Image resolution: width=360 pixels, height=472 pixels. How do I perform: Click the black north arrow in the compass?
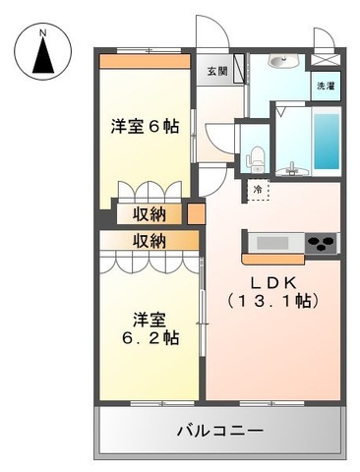point(43,56)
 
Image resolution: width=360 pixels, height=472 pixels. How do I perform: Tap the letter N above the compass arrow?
point(42,33)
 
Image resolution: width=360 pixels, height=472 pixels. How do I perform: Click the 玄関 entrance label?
point(217,71)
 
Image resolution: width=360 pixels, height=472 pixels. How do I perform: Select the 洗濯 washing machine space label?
point(326,87)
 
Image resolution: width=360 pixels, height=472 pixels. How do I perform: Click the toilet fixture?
point(255,160)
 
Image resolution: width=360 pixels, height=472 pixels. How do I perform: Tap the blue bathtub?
point(327,142)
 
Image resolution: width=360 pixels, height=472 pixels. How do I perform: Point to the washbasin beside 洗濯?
point(283,61)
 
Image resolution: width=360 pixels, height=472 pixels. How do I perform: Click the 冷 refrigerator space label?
point(258,189)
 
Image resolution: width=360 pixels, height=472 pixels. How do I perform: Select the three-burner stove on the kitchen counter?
point(322,243)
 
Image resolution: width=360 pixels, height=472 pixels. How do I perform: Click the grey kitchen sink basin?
point(272,243)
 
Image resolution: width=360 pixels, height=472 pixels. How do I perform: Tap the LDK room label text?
point(273,282)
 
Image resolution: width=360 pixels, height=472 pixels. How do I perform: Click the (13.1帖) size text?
point(272,301)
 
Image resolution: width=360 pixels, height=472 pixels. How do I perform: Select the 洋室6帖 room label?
point(145,126)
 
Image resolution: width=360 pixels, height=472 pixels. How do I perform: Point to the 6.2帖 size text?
point(150,337)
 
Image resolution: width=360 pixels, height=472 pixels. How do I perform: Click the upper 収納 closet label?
point(150,214)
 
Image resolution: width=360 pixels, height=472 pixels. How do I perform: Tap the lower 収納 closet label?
point(150,241)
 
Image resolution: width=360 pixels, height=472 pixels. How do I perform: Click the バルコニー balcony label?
point(220,431)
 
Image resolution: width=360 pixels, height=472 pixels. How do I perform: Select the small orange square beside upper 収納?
point(196,213)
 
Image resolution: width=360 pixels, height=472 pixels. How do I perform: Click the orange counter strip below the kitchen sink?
point(273,259)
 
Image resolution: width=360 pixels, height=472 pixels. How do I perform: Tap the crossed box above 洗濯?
point(326,60)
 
